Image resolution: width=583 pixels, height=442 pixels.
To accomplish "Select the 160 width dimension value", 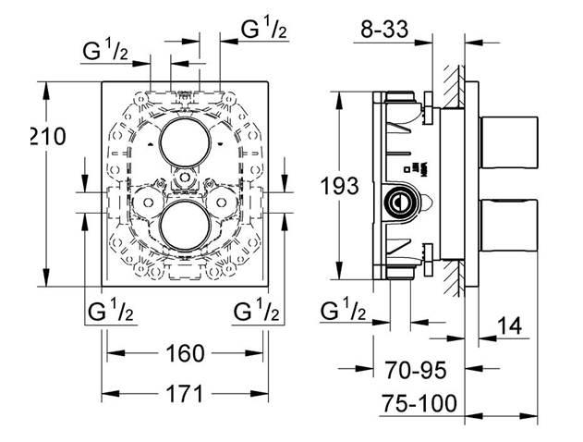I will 185,353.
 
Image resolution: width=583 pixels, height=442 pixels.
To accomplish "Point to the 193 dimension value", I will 339,185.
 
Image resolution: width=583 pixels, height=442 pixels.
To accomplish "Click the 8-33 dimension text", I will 383,30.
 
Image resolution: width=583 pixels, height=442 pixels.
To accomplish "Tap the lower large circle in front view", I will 184,226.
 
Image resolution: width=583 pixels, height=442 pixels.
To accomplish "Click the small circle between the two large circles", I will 184,176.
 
